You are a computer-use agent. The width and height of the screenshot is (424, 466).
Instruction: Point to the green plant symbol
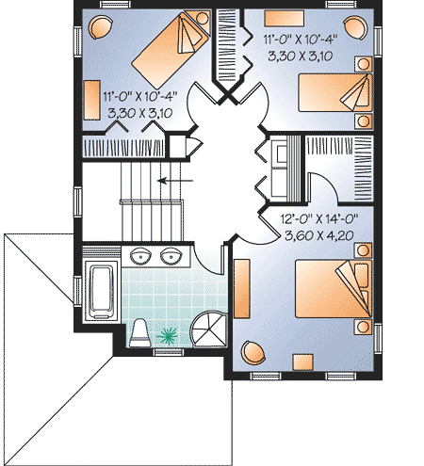(171, 333)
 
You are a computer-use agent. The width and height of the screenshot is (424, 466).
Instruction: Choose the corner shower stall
(207, 329)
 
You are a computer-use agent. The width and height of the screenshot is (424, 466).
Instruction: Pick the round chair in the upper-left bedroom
(100, 29)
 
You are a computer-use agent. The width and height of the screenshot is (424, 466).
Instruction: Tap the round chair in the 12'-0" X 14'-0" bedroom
(253, 351)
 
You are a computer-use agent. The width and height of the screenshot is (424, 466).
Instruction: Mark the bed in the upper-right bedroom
(335, 94)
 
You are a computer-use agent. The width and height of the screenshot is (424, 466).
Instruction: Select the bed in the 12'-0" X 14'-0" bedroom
(331, 288)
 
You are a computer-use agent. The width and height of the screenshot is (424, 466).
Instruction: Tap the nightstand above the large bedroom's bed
(362, 249)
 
